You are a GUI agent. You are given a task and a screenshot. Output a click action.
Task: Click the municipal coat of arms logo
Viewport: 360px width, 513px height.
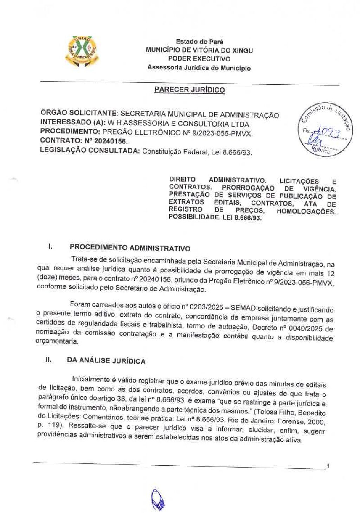click(82, 52)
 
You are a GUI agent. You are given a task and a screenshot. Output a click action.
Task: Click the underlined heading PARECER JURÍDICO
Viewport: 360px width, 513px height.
click(189, 90)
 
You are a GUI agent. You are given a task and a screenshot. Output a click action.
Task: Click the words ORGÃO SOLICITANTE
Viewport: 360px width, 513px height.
click(78, 113)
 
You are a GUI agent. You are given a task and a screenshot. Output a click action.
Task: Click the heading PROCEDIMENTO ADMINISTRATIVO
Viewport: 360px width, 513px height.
click(130, 248)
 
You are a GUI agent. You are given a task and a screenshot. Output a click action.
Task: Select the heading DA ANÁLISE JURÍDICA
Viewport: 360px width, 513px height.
click(106, 361)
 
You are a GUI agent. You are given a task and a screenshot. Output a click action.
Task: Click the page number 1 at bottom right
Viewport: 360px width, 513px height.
click(328, 467)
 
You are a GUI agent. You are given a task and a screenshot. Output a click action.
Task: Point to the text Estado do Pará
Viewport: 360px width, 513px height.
click(199, 42)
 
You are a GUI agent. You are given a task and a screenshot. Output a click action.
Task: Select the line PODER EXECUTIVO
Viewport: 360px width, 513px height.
click(199, 59)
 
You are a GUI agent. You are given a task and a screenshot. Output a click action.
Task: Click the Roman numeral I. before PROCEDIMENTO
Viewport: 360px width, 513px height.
click(50, 246)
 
